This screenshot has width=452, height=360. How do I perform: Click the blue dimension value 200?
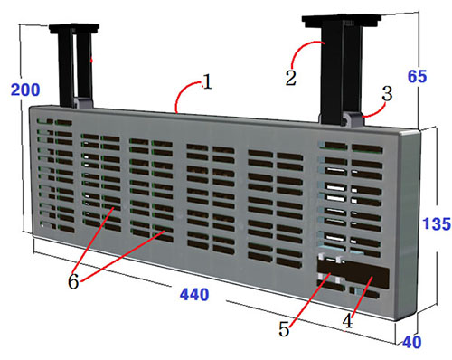pyautogui.click(x=25, y=90)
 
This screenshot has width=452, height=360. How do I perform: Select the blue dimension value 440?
pyautogui.click(x=194, y=295)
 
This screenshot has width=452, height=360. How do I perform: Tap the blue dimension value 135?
pyautogui.click(x=437, y=223)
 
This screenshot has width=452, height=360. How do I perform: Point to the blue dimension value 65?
pyautogui.click(x=417, y=76)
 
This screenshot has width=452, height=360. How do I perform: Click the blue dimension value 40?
pyautogui.click(x=412, y=342)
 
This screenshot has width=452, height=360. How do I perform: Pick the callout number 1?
pyautogui.click(x=207, y=82)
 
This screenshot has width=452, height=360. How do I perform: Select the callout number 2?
pyautogui.click(x=291, y=78)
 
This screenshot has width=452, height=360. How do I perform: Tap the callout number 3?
pyautogui.click(x=387, y=93)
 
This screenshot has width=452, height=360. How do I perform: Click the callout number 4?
pyautogui.click(x=347, y=320)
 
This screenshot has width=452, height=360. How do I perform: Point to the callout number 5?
pyautogui.click(x=284, y=328)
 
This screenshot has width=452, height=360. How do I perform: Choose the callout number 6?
pyautogui.click(x=73, y=282)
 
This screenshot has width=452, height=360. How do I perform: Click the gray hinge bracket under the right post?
pyautogui.click(x=353, y=119)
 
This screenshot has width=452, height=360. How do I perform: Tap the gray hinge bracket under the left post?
pyautogui.click(x=82, y=102)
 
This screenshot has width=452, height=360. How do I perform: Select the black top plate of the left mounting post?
pyautogui.click(x=74, y=28)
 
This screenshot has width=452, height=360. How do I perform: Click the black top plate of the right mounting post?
pyautogui.click(x=342, y=21)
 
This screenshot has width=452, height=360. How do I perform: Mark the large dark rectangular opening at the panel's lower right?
pyautogui.click(x=353, y=273)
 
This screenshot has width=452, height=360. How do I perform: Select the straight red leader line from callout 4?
pyautogui.click(x=361, y=297)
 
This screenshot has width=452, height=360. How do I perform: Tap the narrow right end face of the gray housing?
pyautogui.click(x=409, y=223)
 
